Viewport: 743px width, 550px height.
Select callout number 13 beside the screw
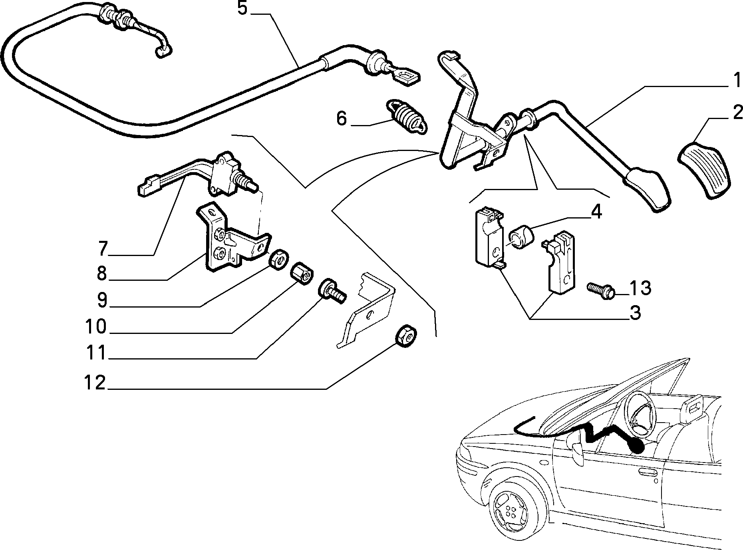(x=640, y=288)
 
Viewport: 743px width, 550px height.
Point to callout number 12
(x=95, y=382)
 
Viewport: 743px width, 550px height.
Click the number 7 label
(x=103, y=249)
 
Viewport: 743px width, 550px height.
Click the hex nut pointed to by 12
(x=406, y=336)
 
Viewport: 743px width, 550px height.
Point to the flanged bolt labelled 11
(x=331, y=291)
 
